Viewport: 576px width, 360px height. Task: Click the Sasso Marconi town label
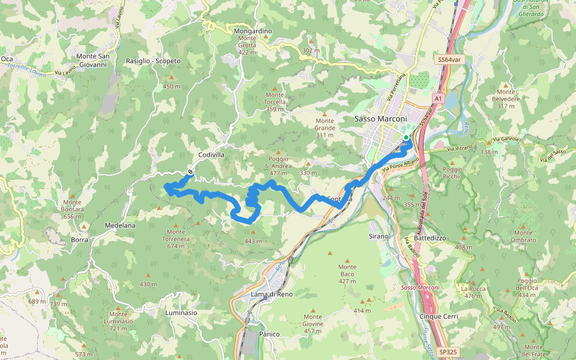(x=382, y=119)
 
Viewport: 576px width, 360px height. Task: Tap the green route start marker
(x=406, y=138)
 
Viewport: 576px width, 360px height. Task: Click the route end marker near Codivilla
(x=190, y=172)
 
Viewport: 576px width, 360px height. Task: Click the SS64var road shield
(x=451, y=60)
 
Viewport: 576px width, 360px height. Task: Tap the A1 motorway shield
(x=437, y=98)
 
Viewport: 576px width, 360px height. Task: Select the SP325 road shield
(x=447, y=352)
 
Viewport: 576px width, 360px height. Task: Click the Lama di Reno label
(x=272, y=294)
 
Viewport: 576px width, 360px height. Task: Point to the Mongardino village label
(x=253, y=31)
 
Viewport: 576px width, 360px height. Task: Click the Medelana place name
(x=120, y=226)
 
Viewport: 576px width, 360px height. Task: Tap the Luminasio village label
(x=181, y=313)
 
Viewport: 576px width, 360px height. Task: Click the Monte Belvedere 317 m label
(x=506, y=102)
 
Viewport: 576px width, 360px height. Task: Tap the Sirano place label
(x=379, y=237)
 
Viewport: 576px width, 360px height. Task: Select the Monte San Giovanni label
(x=93, y=60)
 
